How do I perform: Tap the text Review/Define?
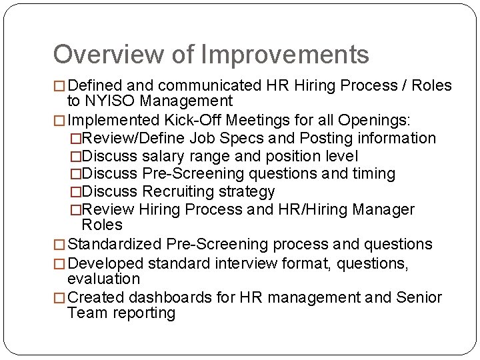(x=132, y=138)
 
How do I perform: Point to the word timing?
(x=373, y=174)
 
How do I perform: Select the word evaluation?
(x=104, y=279)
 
